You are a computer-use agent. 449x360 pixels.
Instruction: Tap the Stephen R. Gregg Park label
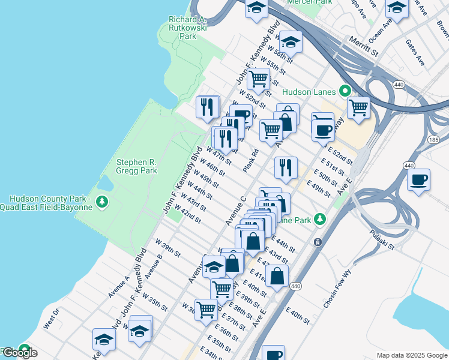click(x=136, y=166)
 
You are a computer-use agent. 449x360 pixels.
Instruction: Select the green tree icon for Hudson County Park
click(x=103, y=200)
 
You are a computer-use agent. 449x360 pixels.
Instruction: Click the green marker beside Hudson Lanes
click(x=345, y=91)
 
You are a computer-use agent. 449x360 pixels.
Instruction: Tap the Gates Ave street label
click(x=415, y=54)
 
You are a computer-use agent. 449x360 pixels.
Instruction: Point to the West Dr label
click(x=52, y=318)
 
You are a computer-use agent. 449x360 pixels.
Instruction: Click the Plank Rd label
click(x=251, y=160)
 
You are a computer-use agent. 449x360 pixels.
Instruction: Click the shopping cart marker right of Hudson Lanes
click(x=358, y=109)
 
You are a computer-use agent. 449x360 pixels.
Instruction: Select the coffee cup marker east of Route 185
click(x=418, y=179)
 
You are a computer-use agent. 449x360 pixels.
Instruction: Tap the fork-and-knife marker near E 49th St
click(x=286, y=167)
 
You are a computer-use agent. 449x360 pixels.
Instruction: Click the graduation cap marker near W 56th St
click(x=291, y=42)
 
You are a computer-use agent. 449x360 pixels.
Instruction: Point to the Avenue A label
click(x=119, y=287)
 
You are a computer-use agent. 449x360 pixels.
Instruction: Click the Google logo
click(x=19, y=353)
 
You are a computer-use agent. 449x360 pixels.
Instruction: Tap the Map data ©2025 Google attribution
click(x=412, y=355)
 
